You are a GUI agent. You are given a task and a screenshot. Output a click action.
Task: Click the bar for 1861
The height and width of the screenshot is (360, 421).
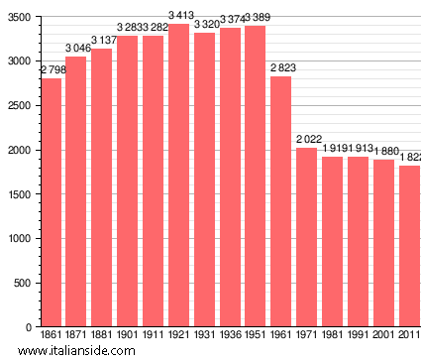pos(51,202)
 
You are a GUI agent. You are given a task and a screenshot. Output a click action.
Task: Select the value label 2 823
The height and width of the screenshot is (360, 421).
pos(281,67)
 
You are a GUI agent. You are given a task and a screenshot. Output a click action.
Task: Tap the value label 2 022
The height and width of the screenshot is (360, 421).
pos(307,139)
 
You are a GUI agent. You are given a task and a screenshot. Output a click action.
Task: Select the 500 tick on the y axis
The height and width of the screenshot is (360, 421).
pos(22,283)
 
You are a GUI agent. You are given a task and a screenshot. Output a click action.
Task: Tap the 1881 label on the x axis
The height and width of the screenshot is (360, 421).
pos(102,335)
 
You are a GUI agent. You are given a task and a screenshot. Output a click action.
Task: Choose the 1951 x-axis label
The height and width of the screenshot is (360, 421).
pos(256,335)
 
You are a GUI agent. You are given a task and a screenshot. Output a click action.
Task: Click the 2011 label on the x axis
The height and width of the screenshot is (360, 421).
pos(409,335)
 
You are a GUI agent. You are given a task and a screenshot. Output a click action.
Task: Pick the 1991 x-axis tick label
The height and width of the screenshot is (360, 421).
pos(358,335)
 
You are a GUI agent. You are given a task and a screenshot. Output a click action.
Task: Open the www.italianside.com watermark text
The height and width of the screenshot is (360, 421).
pos(83,351)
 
